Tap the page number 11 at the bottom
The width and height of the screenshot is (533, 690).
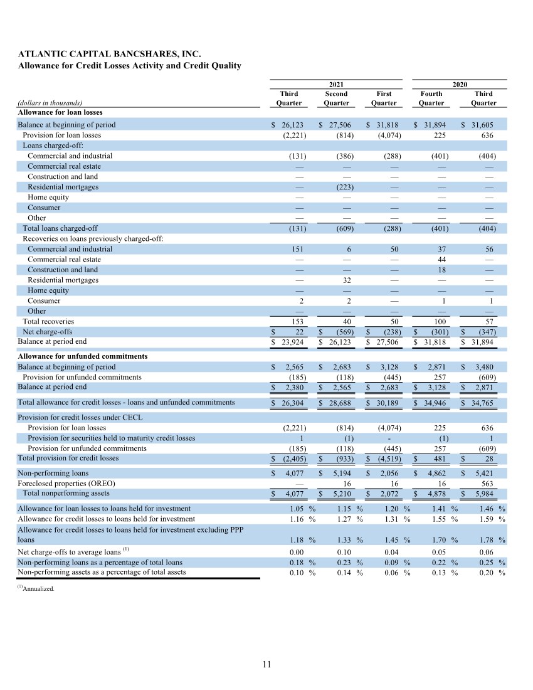tap(266, 665)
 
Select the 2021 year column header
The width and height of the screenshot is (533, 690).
tap(336, 83)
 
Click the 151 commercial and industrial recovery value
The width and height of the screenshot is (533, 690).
tap(298, 249)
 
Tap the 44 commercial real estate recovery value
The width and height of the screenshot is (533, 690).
tap(439, 259)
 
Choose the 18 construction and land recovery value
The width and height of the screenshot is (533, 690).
tap(439, 270)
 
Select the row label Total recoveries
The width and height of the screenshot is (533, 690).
tap(48, 321)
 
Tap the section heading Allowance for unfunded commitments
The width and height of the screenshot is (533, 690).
tap(82, 356)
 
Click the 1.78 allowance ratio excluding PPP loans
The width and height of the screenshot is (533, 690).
tap(486, 539)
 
